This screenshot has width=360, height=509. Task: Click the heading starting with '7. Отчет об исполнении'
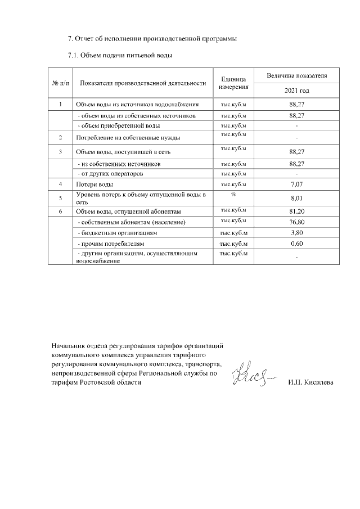click(152, 39)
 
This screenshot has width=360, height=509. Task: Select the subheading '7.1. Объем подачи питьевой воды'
click(120, 55)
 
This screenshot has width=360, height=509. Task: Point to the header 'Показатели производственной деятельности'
click(143, 83)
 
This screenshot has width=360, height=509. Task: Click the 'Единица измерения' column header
click(234, 83)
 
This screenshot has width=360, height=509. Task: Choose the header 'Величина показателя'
click(296, 75)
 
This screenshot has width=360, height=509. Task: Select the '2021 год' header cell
click(296, 91)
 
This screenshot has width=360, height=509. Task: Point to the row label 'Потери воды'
click(94, 184)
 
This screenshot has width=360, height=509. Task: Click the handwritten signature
click(254, 374)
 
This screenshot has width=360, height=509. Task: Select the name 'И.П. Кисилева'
click(310, 382)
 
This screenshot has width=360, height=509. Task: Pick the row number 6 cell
click(60, 211)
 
